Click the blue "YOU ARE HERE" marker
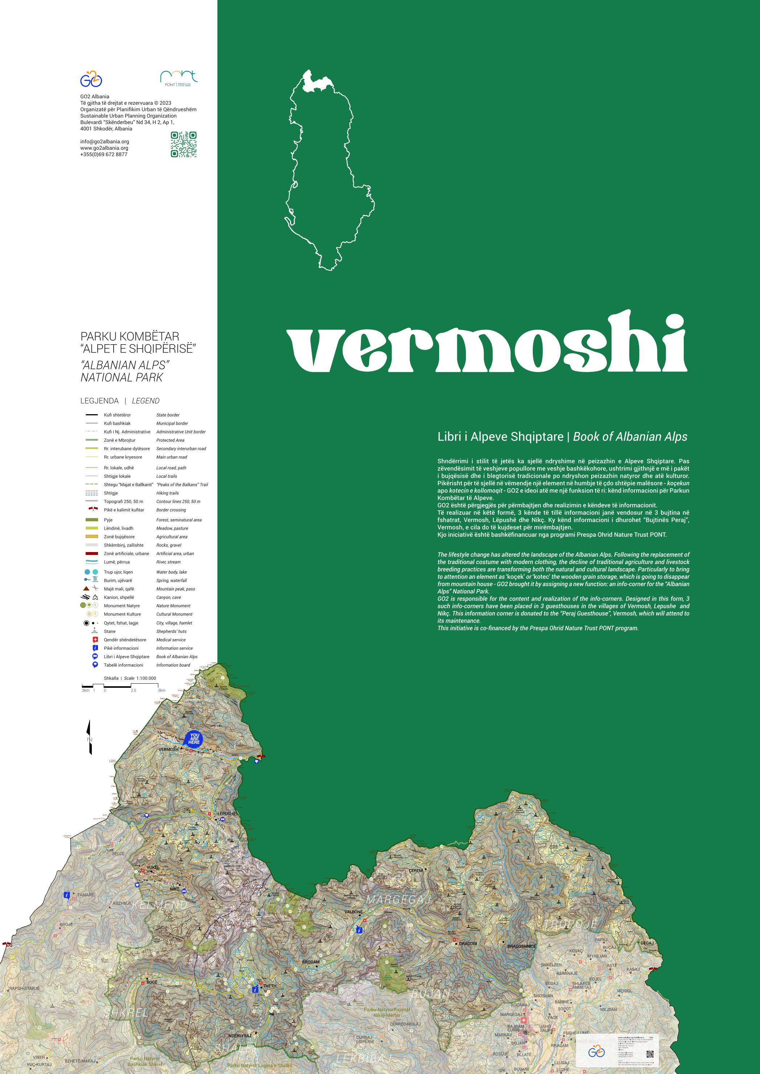click(194, 738)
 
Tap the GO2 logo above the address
click(91, 79)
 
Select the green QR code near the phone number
click(183, 144)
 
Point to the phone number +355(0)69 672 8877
click(103, 155)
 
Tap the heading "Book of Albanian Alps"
click(630, 437)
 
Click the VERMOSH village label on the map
click(168, 750)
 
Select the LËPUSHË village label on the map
click(227, 814)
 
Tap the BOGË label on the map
click(152, 982)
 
